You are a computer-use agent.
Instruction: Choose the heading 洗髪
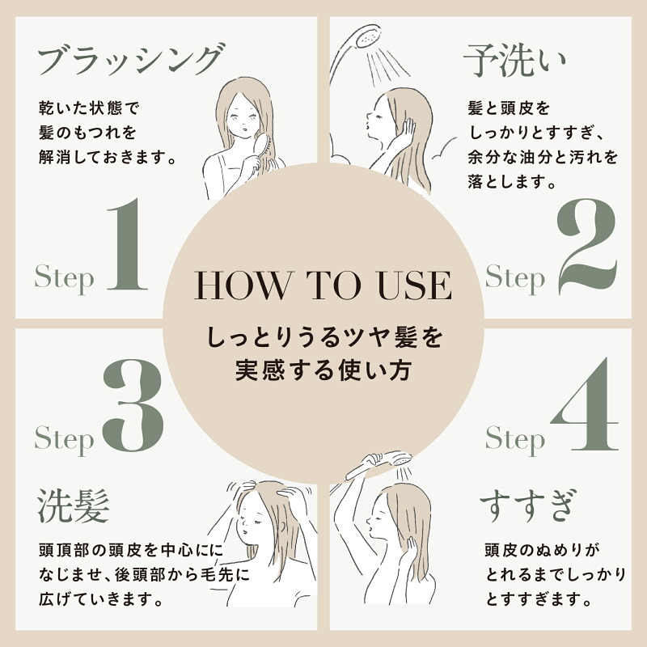(x=74, y=506)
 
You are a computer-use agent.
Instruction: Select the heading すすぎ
(x=527, y=506)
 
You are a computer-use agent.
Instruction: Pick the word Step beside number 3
(x=64, y=439)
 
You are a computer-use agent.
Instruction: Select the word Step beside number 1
(x=64, y=278)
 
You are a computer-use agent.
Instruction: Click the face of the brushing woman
(x=243, y=116)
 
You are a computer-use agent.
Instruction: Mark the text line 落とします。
(x=512, y=181)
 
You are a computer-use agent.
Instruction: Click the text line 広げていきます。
(x=102, y=599)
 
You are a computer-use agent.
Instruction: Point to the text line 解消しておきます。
(x=108, y=157)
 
